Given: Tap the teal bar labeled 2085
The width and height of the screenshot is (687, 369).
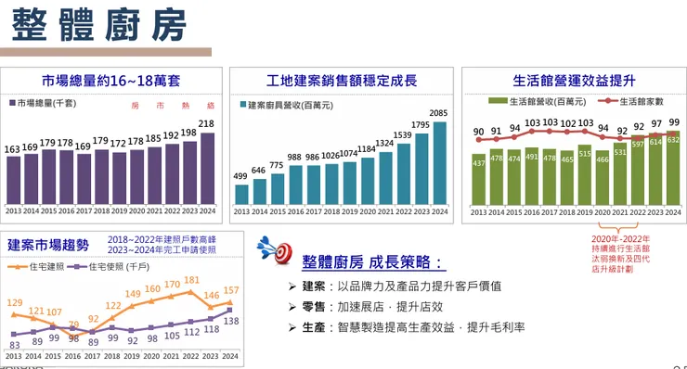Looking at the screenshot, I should click(x=439, y=163).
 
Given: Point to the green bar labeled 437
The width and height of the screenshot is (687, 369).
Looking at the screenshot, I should click(x=479, y=179).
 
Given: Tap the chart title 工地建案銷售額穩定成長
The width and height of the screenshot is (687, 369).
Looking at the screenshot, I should click(x=341, y=81).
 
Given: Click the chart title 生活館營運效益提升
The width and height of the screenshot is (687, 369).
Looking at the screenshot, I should click(x=574, y=81).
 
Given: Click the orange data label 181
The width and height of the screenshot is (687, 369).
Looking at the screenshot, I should click(x=192, y=280).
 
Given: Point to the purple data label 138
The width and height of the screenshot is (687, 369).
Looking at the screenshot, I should click(x=231, y=321).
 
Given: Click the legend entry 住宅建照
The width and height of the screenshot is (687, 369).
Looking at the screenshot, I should click(x=42, y=267).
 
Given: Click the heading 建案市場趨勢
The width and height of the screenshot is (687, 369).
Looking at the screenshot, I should click(x=49, y=245).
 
